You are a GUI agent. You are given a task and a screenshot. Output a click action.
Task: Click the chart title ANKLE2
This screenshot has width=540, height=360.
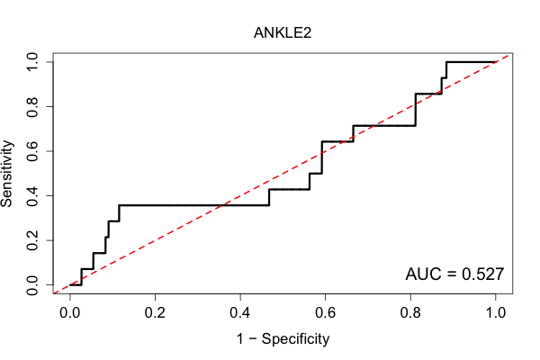click(x=283, y=33)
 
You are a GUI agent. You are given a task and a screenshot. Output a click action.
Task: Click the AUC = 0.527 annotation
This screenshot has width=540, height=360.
click(x=454, y=274)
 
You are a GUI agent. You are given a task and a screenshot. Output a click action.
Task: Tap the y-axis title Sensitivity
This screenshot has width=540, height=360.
click(x=7, y=174)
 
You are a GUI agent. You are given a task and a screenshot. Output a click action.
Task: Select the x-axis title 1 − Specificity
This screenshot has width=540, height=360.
click(x=283, y=339)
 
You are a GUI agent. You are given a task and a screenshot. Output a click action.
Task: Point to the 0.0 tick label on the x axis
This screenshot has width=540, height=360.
click(x=70, y=313)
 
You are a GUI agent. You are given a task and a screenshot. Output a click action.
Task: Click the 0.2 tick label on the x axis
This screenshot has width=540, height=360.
click(x=156, y=313)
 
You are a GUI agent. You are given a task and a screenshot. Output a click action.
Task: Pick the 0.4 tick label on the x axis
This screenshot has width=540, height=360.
click(x=240, y=313)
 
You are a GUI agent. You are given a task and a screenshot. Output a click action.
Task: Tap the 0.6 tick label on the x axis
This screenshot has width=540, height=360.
click(x=326, y=313)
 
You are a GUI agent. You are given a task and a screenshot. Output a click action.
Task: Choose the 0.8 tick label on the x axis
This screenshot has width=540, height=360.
click(x=410, y=313)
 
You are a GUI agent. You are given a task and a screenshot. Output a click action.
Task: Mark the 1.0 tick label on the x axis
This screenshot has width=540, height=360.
click(x=496, y=313)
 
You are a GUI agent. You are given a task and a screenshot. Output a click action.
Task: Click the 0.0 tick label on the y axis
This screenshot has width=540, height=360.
click(x=32, y=285)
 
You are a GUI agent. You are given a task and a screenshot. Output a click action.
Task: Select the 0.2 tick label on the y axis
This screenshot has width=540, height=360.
click(x=32, y=240)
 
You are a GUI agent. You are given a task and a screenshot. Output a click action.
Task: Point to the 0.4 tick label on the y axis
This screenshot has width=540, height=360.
click(x=32, y=195)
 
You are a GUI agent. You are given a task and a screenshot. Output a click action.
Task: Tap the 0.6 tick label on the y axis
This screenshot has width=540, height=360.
click(x=32, y=151)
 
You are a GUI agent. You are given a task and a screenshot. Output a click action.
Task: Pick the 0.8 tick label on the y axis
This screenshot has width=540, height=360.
click(x=32, y=106)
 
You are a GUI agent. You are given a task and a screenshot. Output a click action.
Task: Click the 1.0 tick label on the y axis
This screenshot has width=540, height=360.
click(x=32, y=62)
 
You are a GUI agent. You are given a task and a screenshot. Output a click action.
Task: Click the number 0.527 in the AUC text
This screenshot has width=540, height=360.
click(x=482, y=274)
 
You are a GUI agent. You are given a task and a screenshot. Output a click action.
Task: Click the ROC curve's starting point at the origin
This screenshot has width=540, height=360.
click(x=70, y=285)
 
